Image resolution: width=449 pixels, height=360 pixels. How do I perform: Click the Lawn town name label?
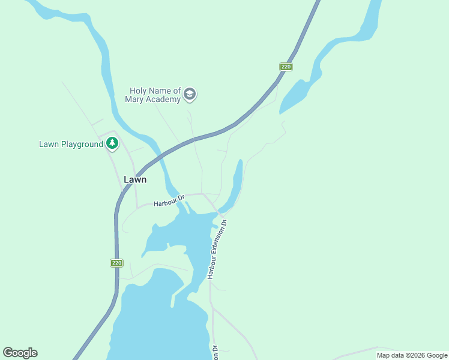134,179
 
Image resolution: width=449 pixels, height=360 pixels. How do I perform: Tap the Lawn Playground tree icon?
112,143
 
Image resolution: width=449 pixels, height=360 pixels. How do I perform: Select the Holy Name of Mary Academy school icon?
190,94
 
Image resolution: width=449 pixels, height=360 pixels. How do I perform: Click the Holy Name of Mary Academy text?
153,95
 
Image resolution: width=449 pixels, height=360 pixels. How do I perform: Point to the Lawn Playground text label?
71,144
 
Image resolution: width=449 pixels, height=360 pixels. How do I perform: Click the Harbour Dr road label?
167,203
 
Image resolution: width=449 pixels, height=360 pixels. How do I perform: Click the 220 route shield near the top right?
286,67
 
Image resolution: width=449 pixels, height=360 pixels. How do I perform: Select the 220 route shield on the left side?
117,263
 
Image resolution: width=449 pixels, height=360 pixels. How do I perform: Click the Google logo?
20,353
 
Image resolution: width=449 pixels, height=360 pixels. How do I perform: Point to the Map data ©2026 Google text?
411,355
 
